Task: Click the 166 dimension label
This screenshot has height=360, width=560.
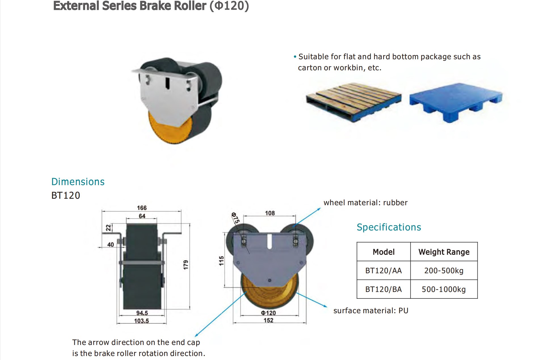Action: click(x=142, y=208)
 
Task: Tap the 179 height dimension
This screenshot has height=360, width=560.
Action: click(x=186, y=264)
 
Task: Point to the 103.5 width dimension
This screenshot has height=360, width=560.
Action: click(x=141, y=321)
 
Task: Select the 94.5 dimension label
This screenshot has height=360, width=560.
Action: click(x=142, y=313)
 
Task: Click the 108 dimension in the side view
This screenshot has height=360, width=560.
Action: click(x=270, y=213)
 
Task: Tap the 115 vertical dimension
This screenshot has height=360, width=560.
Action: click(x=221, y=261)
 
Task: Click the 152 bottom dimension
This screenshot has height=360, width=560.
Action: click(x=268, y=320)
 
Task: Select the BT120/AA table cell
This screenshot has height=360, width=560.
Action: click(x=383, y=271)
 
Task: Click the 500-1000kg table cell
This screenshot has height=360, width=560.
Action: click(x=444, y=289)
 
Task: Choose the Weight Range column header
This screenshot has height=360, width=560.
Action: click(x=444, y=252)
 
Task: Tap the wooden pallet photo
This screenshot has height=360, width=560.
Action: click(x=354, y=101)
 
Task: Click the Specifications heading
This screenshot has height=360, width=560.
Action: click(x=389, y=227)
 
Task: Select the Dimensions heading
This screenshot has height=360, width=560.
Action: click(x=78, y=182)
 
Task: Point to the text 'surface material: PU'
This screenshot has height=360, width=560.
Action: click(x=371, y=311)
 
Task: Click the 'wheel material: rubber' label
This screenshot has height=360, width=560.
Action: click(x=365, y=203)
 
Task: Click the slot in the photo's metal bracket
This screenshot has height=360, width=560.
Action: click(x=168, y=83)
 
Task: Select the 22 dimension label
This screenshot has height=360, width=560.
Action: click(x=108, y=228)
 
